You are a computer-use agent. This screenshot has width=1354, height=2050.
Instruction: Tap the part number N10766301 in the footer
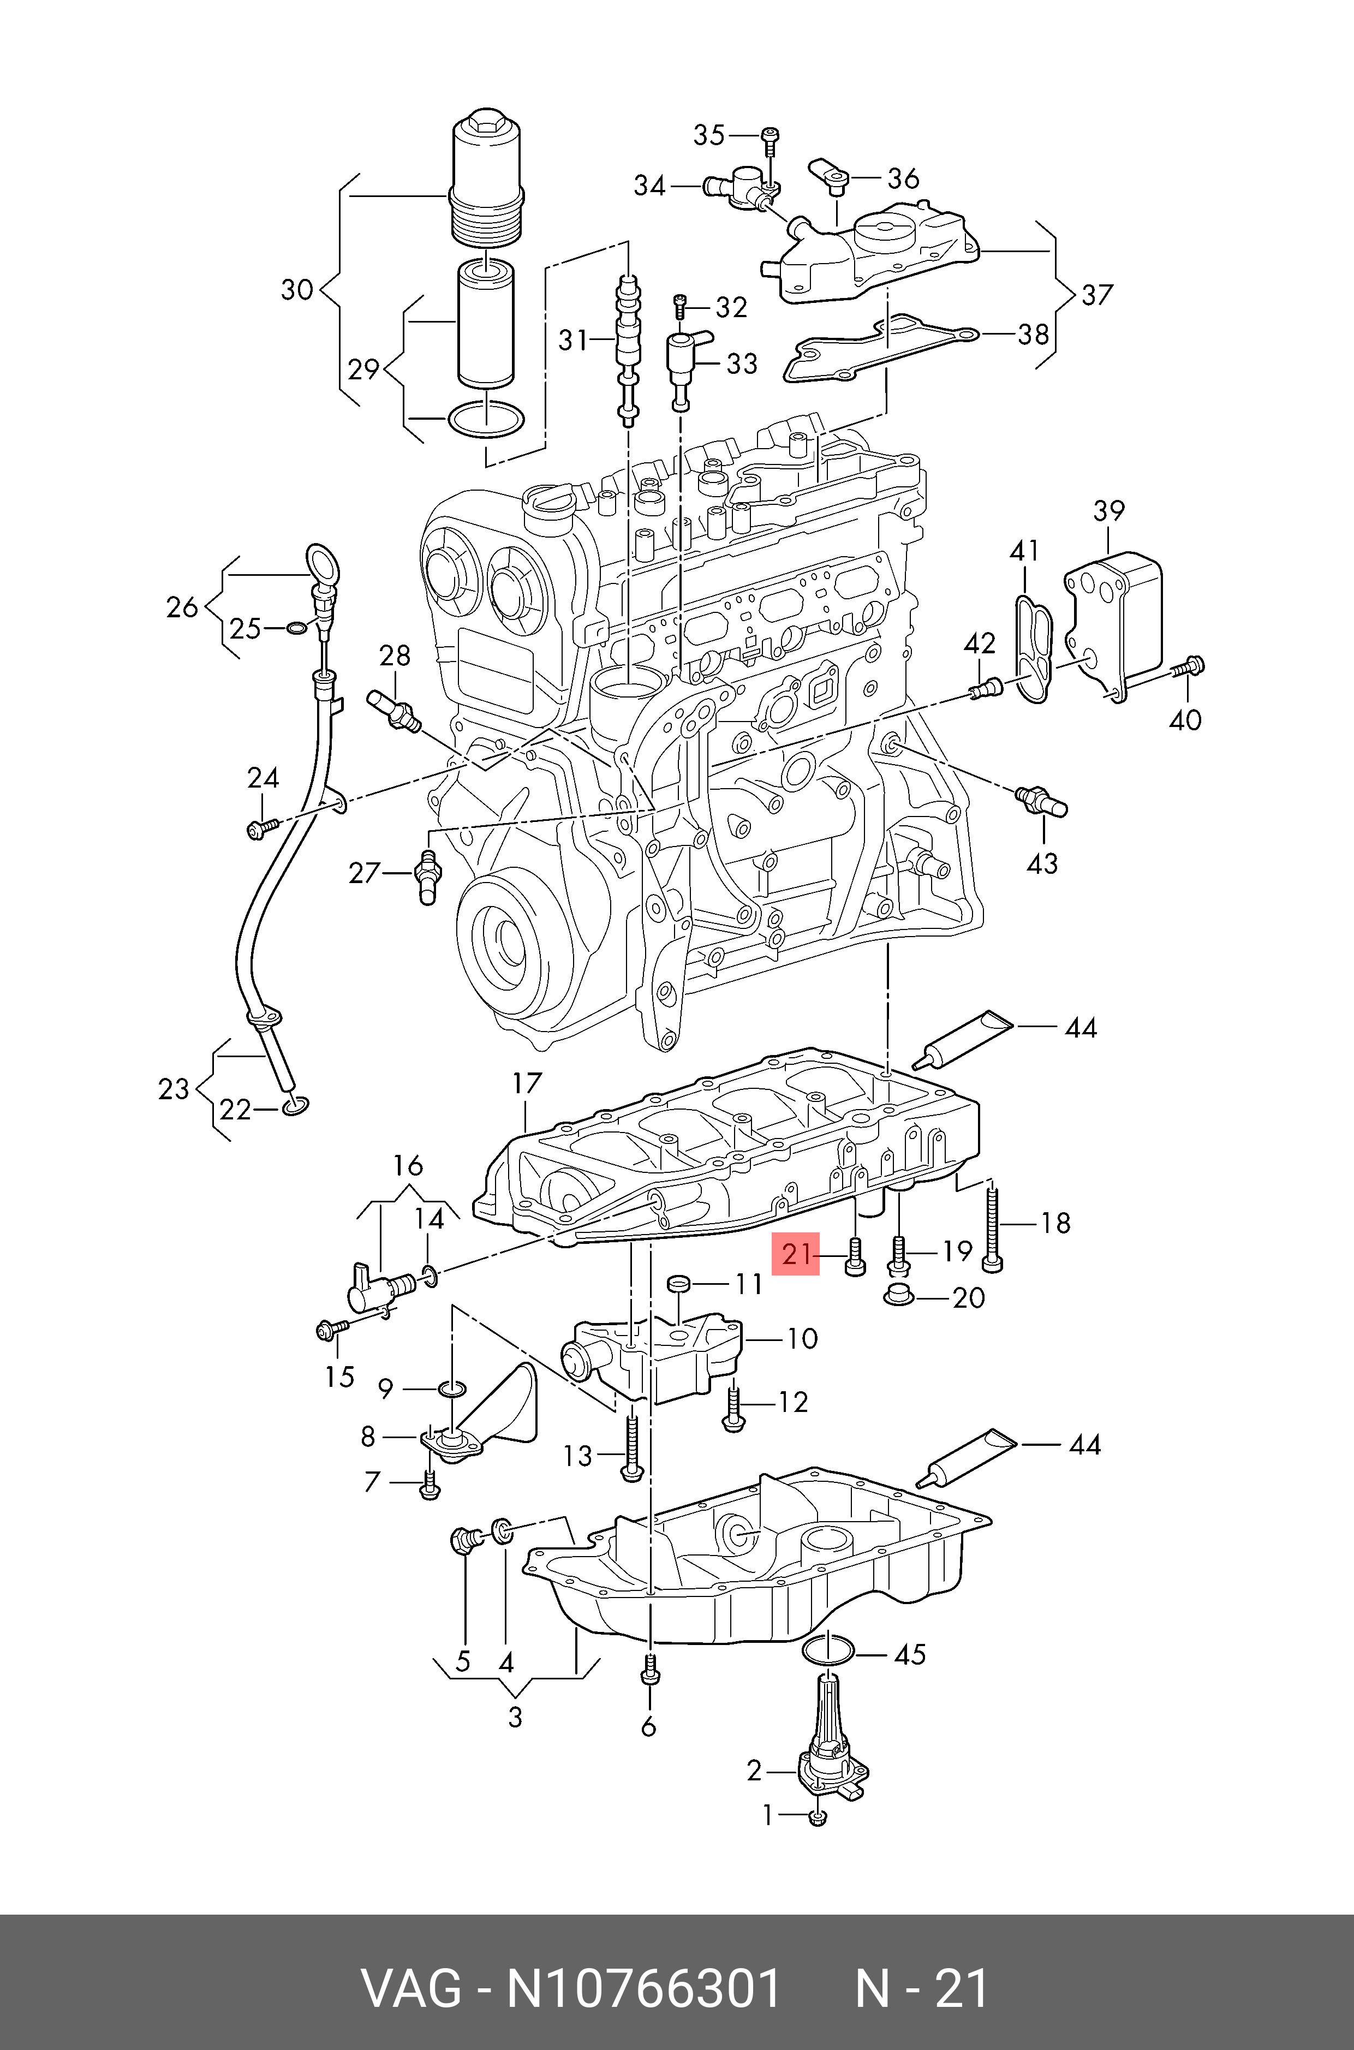tap(643, 1988)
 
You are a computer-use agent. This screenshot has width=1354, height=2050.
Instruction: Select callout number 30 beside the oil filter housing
tap(296, 289)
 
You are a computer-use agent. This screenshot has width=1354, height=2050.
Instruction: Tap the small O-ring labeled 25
tap(295, 627)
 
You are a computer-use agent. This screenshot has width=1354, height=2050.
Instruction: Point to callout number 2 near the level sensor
tap(754, 1771)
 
